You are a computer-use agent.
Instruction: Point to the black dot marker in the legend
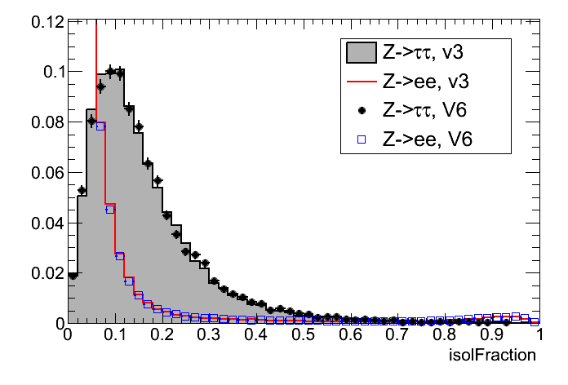tap(361, 110)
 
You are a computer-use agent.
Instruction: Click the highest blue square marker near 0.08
tap(100, 126)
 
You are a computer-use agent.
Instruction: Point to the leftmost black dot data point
tap(73, 276)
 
